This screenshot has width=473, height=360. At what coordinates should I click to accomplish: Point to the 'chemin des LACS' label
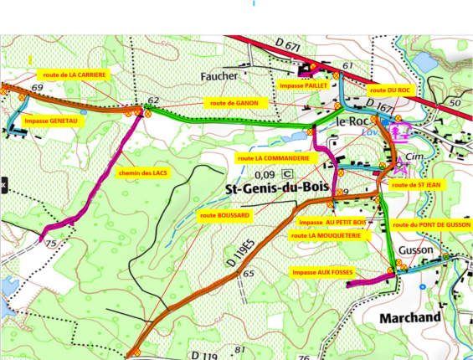point(142,172)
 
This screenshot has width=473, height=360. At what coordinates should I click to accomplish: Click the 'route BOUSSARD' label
point(224,215)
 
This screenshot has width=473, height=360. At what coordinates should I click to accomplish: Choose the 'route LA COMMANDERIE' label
point(273,157)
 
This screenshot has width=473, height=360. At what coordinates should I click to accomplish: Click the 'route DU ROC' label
point(389,90)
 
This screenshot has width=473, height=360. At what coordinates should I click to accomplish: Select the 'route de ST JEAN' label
point(416,185)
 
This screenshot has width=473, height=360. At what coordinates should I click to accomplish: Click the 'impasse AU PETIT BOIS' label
point(332,223)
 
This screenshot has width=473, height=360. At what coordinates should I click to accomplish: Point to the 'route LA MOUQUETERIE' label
point(326,236)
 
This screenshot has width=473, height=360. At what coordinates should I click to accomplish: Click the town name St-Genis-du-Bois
point(276,189)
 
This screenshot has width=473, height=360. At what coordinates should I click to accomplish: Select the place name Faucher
point(220,76)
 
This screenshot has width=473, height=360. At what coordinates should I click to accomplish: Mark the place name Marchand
point(410,318)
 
